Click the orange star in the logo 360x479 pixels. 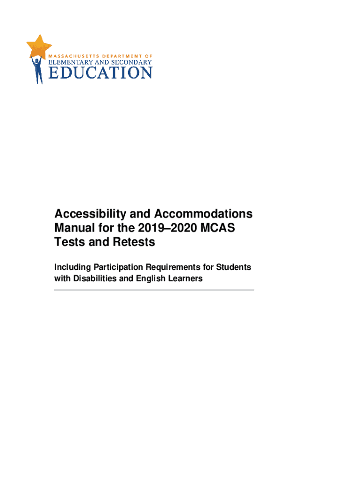(x=39, y=46)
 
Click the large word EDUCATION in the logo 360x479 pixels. (x=101, y=73)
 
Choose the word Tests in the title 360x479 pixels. (x=68, y=242)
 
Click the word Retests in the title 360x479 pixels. (x=131, y=242)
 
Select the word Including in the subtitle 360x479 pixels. (x=72, y=267)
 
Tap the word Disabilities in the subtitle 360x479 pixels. (x=95, y=278)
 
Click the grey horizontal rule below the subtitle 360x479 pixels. (x=154, y=290)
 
